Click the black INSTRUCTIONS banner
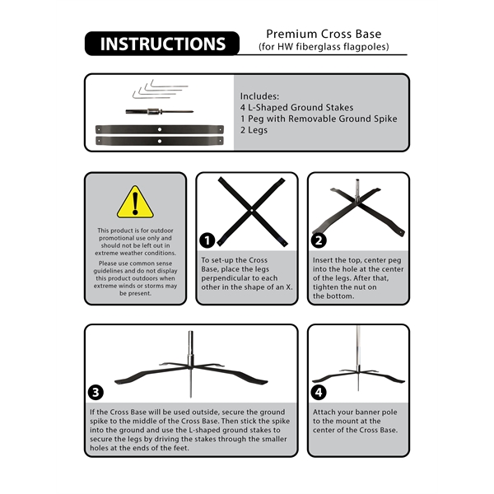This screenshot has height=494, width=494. pyautogui.click(x=162, y=44)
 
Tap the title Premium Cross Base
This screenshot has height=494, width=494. pyautogui.click(x=324, y=34)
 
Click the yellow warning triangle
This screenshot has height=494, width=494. pyautogui.click(x=135, y=202)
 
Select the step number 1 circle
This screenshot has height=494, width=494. pyautogui.click(x=207, y=240)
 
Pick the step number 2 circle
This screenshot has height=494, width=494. pyautogui.click(x=319, y=240)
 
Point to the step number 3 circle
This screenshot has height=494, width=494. pyautogui.click(x=96, y=393)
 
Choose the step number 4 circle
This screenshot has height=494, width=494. pyautogui.click(x=319, y=393)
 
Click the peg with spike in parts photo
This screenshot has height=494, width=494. pyautogui.click(x=160, y=111)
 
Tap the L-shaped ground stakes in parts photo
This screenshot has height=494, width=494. pyautogui.click(x=160, y=89)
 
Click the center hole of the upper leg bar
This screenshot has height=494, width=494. pyautogui.click(x=160, y=129)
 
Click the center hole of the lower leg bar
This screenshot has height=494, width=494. pyautogui.click(x=160, y=141)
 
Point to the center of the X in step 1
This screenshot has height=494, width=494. pyautogui.click(x=252, y=211)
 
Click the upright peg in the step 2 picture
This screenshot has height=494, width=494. pyautogui.click(x=358, y=190)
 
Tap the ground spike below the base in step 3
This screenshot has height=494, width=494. pyautogui.click(x=191, y=383)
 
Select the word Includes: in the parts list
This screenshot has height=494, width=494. pyautogui.click(x=259, y=96)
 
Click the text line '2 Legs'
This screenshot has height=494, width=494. pyautogui.click(x=254, y=130)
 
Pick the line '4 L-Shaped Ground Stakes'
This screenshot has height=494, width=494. pyautogui.click(x=296, y=107)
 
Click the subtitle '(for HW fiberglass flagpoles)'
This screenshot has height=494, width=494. pyautogui.click(x=324, y=47)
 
